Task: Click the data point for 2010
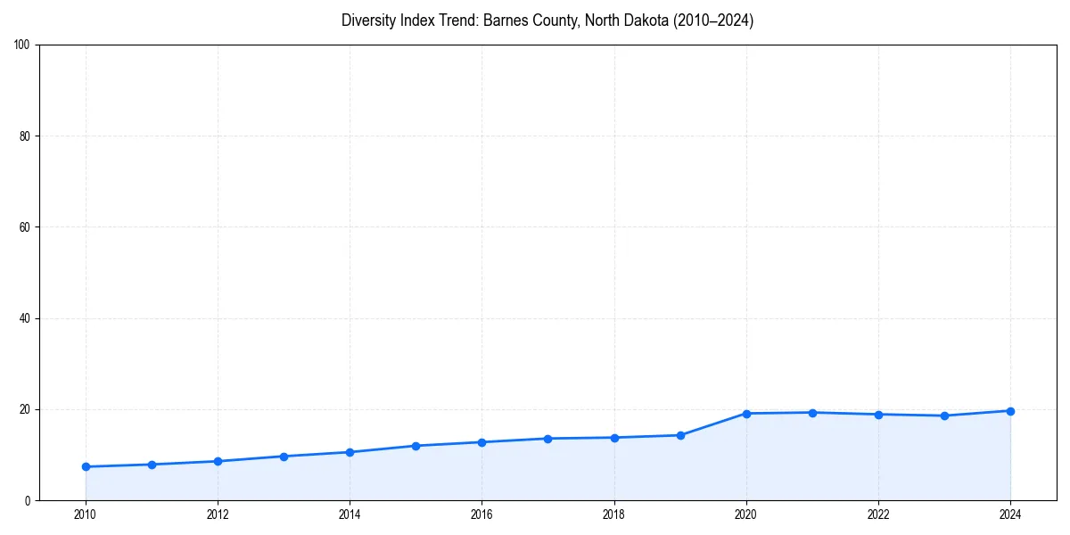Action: click(86, 466)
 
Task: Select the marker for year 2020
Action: click(746, 414)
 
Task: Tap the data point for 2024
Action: click(1010, 411)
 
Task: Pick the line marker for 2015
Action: click(416, 446)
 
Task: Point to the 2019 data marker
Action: click(680, 435)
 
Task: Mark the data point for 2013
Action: click(284, 457)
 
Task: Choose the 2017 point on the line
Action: click(547, 439)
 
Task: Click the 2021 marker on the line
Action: click(812, 413)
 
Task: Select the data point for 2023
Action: click(944, 416)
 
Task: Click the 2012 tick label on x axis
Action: click(218, 514)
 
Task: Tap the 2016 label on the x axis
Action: click(481, 514)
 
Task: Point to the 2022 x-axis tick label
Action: click(878, 514)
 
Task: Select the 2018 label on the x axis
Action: click(613, 514)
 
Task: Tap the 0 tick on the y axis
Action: click(29, 500)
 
